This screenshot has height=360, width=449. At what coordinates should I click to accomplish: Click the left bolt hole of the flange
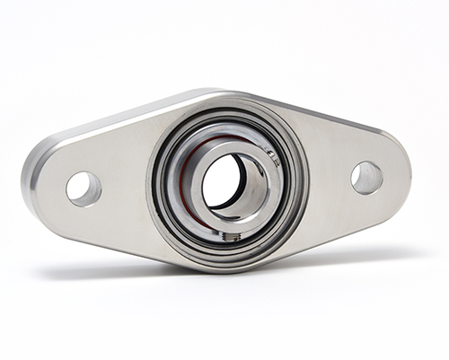pos(83,188)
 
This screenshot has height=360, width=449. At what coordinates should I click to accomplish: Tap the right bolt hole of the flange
pos(366,177)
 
